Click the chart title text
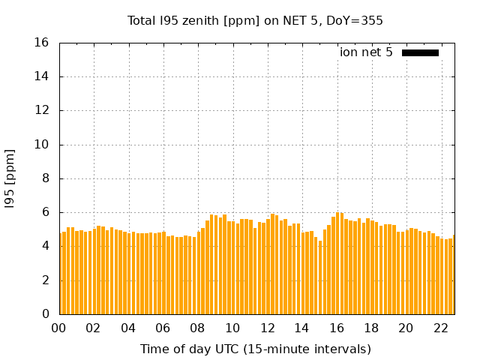(x=255, y=21)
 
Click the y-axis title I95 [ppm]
(x=10, y=178)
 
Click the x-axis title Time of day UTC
(x=255, y=349)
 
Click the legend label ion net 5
(x=366, y=52)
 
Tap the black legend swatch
(x=420, y=52)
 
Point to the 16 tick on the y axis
(x=43, y=43)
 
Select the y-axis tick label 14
(x=43, y=76)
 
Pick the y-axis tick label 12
(x=43, y=110)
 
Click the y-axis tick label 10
(x=43, y=145)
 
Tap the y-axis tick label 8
(x=46, y=178)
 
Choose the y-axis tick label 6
(x=46, y=212)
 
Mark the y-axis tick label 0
(x=46, y=314)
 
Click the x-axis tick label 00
(x=59, y=328)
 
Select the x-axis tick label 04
(x=128, y=328)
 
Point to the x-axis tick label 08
(x=198, y=328)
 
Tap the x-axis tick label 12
(x=267, y=328)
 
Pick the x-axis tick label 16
(x=337, y=328)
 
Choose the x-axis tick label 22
(x=440, y=328)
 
